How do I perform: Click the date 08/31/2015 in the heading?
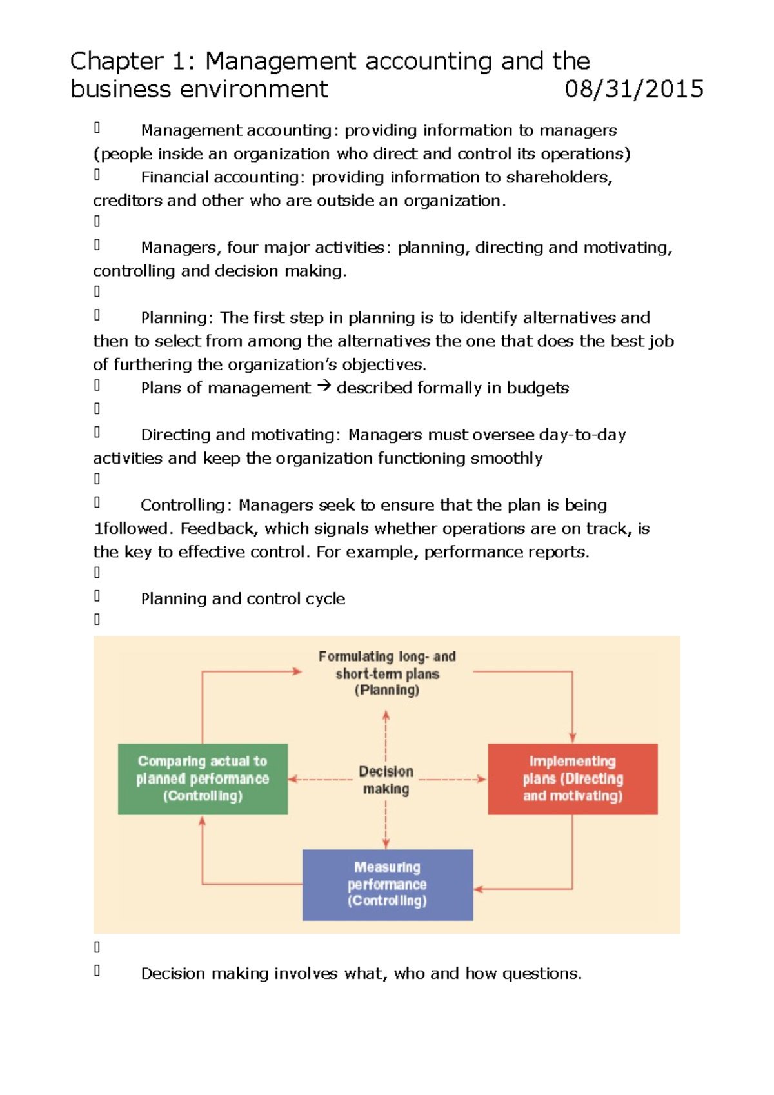tap(633, 89)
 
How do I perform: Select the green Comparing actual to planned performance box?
tap(203, 778)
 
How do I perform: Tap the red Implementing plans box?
tap(572, 778)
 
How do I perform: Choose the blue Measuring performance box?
tap(387, 884)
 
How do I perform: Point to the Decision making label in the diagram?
tap(386, 780)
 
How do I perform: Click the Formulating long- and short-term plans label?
tap(387, 673)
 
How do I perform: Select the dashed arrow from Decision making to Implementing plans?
tap(451, 780)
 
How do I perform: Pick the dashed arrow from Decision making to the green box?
tap(321, 780)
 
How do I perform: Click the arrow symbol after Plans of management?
tap(324, 387)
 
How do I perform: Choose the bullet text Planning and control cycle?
tap(243, 599)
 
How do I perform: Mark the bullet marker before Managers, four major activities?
tap(97, 245)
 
